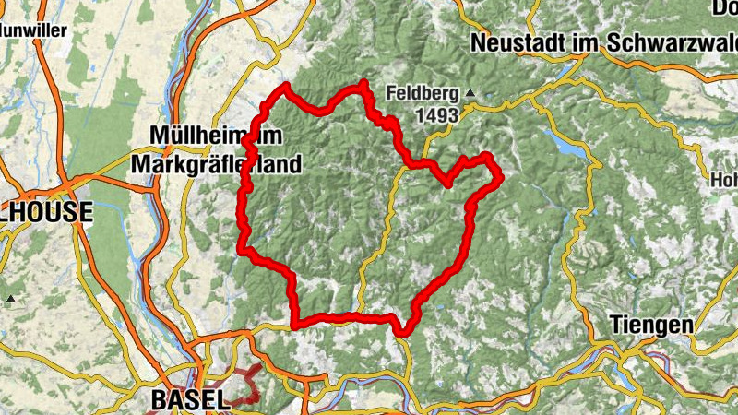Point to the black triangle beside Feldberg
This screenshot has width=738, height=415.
(470, 93)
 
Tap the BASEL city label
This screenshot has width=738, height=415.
(188, 399)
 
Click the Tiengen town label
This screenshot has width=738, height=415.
(651, 325)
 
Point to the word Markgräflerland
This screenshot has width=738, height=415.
(217, 165)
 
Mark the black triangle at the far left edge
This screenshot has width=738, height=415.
(10, 299)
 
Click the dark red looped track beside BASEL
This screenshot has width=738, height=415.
(242, 385)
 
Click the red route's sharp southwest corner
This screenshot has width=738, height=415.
(294, 324)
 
